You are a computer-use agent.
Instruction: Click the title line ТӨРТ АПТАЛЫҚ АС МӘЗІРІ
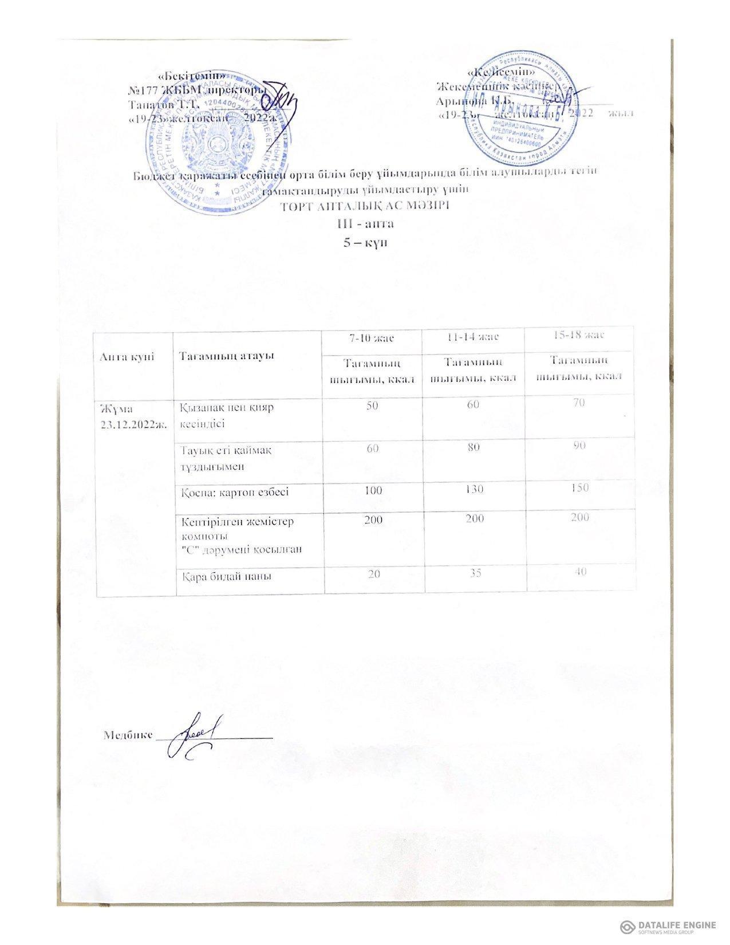point(366,206)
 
